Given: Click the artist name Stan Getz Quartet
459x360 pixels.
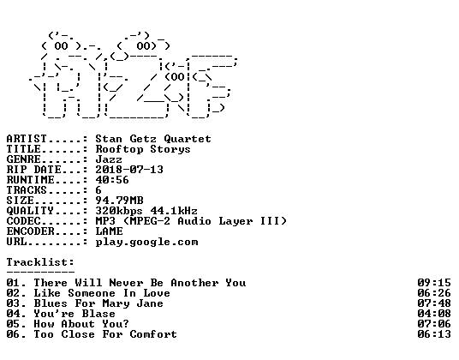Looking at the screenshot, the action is click(153, 139).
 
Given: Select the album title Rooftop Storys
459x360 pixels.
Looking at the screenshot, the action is click(143, 149).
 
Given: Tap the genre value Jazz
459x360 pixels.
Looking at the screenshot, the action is click(109, 159).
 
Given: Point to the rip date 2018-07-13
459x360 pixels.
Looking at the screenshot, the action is click(129, 170).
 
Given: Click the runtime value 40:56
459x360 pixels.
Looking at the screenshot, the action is click(112, 180).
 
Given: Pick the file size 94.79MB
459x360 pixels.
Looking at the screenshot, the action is click(119, 201).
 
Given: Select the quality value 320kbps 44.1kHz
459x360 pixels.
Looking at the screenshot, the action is click(146, 211).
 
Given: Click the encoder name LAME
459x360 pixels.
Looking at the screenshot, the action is click(109, 231).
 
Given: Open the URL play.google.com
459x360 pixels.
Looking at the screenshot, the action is click(146, 242).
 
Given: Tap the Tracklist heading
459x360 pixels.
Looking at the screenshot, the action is click(40, 262).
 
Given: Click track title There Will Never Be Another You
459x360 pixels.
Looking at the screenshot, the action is click(140, 283).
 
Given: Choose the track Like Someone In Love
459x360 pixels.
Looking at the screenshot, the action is click(102, 293).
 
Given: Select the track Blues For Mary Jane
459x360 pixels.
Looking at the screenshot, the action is click(98, 303).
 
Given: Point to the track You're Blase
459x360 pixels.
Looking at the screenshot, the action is click(75, 314).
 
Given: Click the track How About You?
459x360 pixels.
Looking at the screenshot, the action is click(81, 324).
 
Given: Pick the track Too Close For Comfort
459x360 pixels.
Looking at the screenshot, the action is click(105, 334).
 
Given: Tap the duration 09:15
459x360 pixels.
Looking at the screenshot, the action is click(434, 283).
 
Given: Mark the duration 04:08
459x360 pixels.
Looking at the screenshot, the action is click(434, 314).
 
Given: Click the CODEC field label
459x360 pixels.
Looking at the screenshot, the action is click(23, 221).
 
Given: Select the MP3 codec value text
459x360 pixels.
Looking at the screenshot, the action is click(191, 221).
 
